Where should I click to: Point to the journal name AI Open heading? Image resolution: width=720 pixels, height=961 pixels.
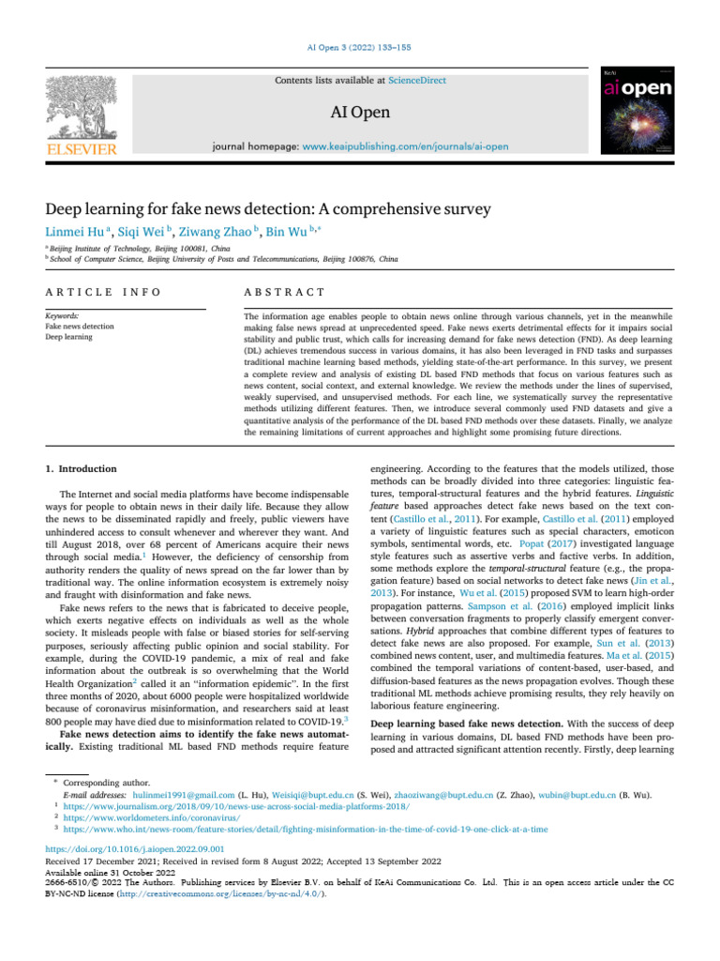point(361,114)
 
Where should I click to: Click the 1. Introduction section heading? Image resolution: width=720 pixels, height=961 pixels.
point(82,468)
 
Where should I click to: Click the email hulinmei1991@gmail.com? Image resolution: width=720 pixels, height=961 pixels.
point(184,793)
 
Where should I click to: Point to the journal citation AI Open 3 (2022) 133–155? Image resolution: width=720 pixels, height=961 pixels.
point(360,48)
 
